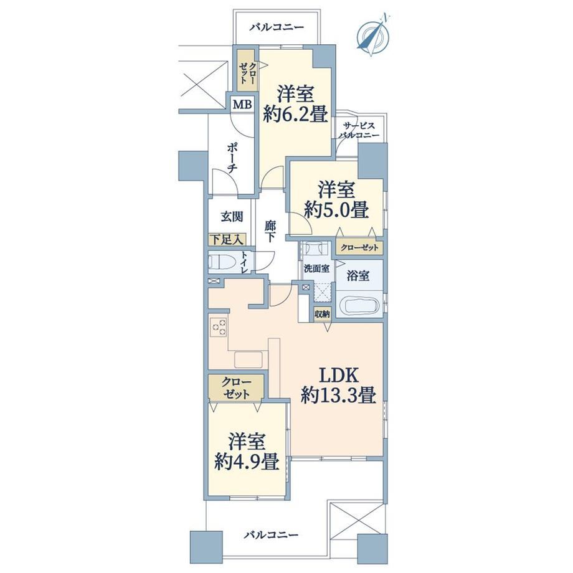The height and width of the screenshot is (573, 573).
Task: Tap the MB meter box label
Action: point(243,105)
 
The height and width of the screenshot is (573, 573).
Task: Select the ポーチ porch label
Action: point(232,157)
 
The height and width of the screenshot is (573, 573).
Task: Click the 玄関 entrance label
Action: point(232,217)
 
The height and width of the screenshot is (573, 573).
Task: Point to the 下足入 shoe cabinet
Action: point(227,240)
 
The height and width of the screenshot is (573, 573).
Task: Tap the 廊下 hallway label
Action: point(270,231)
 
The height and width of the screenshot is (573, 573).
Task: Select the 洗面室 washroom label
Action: point(317,269)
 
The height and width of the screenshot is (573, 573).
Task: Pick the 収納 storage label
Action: point(323,314)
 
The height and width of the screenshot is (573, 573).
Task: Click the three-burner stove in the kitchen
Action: point(218,328)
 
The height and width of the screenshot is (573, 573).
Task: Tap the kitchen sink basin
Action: point(249,359)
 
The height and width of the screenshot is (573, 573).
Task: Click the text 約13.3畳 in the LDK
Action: point(338,395)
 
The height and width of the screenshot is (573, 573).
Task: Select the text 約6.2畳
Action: point(295,115)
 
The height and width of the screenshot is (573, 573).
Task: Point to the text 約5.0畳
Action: point(336,210)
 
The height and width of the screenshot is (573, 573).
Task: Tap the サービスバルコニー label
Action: point(359,130)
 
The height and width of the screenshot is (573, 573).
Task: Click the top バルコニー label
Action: point(277,28)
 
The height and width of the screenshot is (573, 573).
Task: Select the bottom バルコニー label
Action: point(271,536)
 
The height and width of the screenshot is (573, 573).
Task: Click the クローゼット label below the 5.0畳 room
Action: point(359,248)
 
